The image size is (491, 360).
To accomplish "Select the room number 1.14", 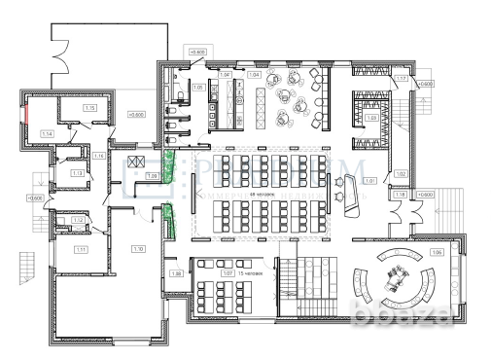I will point(46,133).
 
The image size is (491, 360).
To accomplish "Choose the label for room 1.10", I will point(138,250).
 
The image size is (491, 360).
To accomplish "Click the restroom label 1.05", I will point(197,88).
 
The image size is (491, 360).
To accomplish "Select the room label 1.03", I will point(370,118).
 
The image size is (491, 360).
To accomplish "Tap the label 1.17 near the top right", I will point(401,78).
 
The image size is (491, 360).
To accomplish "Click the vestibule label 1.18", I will point(401,196).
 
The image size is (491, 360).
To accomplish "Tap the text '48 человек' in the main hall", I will point(262,194).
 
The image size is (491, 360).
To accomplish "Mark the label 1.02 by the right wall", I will point(400,173).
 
